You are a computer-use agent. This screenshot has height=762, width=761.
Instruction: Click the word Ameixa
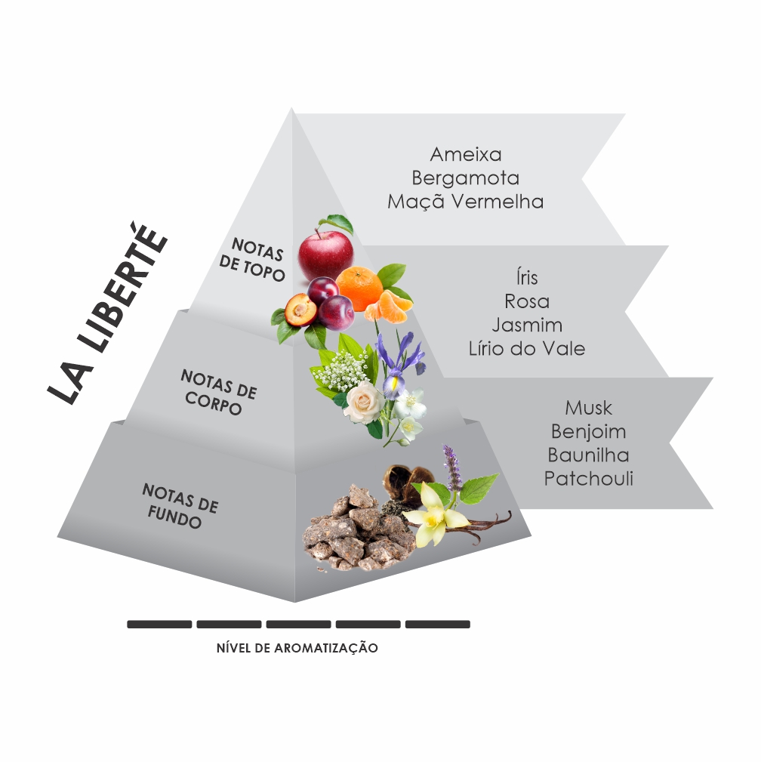(x=466, y=154)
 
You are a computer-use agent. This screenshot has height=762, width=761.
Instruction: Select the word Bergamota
(x=466, y=178)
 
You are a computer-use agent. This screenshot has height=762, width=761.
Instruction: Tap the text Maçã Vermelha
(x=466, y=201)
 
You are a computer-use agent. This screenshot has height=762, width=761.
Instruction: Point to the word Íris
(x=527, y=277)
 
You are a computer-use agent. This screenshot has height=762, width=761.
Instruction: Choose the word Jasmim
(x=527, y=325)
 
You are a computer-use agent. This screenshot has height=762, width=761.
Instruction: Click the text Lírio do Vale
(x=527, y=348)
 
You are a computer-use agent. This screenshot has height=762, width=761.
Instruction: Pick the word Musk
(x=588, y=407)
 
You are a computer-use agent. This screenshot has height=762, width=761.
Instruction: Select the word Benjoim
(x=588, y=431)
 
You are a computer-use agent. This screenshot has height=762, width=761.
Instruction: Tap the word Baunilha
(x=588, y=455)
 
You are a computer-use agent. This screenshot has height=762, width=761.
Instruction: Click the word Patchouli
(x=588, y=479)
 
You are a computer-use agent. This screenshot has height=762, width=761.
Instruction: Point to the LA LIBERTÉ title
(x=109, y=313)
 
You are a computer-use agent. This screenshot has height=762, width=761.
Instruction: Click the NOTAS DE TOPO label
(x=251, y=260)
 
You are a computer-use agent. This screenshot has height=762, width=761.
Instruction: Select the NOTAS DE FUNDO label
(x=180, y=506)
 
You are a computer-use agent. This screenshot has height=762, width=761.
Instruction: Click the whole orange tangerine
(x=359, y=289)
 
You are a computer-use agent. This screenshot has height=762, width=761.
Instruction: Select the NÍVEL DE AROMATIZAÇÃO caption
(x=297, y=648)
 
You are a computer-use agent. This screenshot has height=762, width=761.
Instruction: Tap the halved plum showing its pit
(x=300, y=310)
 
